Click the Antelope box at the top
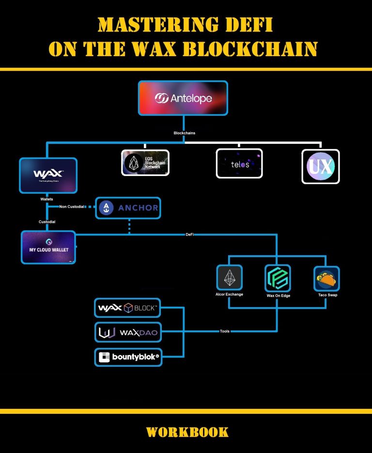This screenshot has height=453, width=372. pyautogui.click(x=183, y=98)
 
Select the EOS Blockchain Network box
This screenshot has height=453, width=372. pyautogui.click(x=145, y=162)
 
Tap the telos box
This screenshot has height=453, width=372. pyautogui.click(x=239, y=164)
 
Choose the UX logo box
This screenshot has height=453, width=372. pyautogui.click(x=321, y=166)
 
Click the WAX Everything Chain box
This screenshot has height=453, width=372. pyautogui.click(x=48, y=175)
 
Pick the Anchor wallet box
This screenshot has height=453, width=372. pyautogui.click(x=128, y=208)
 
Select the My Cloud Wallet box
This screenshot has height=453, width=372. pyautogui.click(x=48, y=247)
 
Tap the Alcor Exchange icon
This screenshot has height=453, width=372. pyautogui.click(x=229, y=278)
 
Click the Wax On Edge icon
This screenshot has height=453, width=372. pyautogui.click(x=278, y=278)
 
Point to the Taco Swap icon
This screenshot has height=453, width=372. pyautogui.click(x=326, y=278)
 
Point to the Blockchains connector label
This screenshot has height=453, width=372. pyautogui.click(x=185, y=133)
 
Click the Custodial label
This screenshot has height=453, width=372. pyautogui.click(x=47, y=222)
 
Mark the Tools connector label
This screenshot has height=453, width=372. pyautogui.click(x=224, y=331)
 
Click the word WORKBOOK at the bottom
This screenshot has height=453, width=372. pyautogui.click(x=187, y=432)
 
